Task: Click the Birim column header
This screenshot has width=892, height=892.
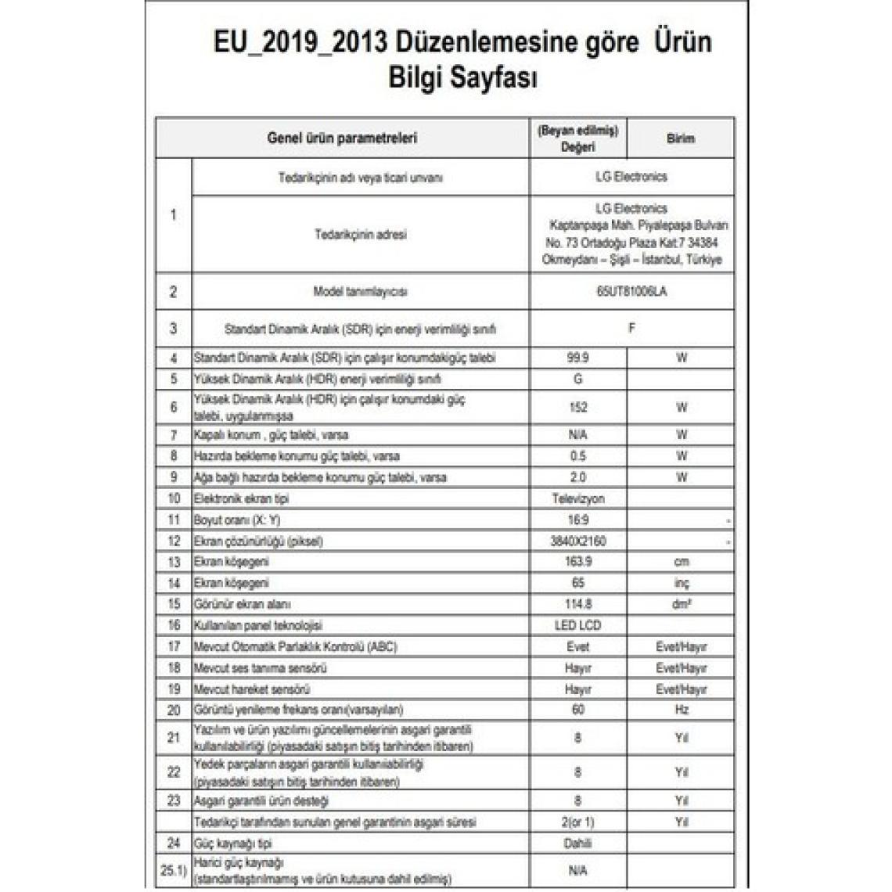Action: coord(680,138)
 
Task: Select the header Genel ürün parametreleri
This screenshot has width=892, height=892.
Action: coord(342,138)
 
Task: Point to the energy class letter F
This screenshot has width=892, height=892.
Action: coord(631,329)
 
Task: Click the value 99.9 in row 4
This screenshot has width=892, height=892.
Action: coord(578,358)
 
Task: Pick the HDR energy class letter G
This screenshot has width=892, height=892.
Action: coord(578,379)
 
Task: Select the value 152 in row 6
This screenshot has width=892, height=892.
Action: coord(578,407)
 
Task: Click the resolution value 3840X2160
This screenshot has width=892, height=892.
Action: coord(578,541)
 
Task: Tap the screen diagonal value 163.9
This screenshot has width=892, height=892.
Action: coord(578,562)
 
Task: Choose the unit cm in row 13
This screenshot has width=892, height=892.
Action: coord(681,562)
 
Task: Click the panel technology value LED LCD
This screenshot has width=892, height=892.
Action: coord(578,625)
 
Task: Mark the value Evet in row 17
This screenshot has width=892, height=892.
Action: coord(578,647)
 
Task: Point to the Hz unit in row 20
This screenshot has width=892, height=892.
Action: coord(681,710)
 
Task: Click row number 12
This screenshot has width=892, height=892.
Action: coord(174,541)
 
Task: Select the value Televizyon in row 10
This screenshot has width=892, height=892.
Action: coord(578,498)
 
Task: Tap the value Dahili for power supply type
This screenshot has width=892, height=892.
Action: coord(578,843)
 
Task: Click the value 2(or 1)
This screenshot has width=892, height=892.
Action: coord(578,822)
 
